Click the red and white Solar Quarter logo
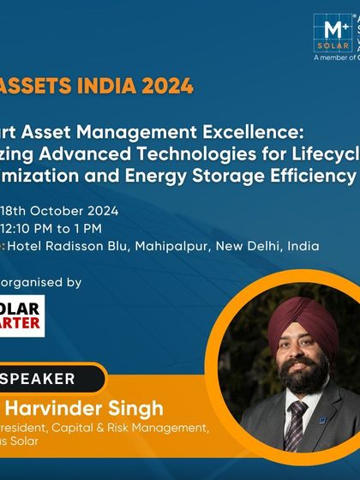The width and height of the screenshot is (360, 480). click(x=22, y=316)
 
